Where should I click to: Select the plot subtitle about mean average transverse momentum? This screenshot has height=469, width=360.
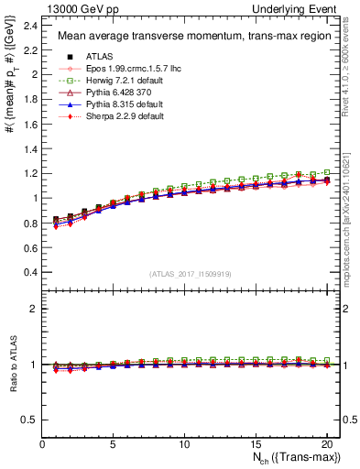pos(181,37)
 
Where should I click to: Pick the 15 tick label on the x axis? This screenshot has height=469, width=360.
pos(254,443)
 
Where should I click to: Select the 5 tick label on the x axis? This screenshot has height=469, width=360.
pos(113,443)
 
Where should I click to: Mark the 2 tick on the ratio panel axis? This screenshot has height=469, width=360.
pos(34,309)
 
